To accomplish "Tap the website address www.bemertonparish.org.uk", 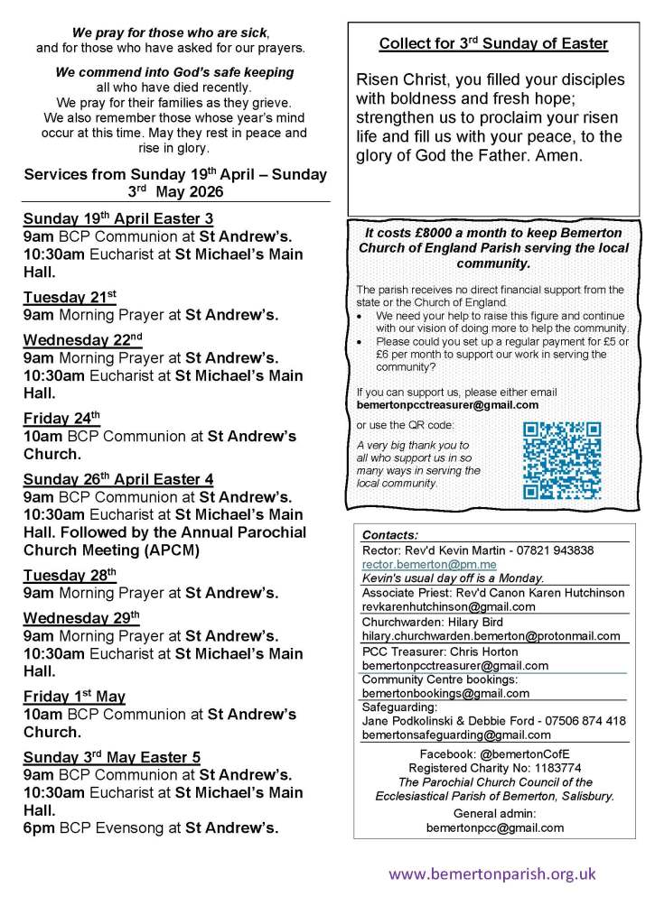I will [492, 873].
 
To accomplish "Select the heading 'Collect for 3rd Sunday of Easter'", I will [493, 44].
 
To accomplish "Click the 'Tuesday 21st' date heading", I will [70, 297].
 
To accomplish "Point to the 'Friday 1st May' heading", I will [74, 697].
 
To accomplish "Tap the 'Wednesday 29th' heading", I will [81, 617].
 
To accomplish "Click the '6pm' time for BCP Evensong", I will [38, 827].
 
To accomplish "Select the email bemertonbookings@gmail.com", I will [445, 693].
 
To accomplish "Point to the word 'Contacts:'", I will [389, 534].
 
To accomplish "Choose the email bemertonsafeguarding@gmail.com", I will [455, 735].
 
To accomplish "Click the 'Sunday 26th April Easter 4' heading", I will [118, 478].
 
